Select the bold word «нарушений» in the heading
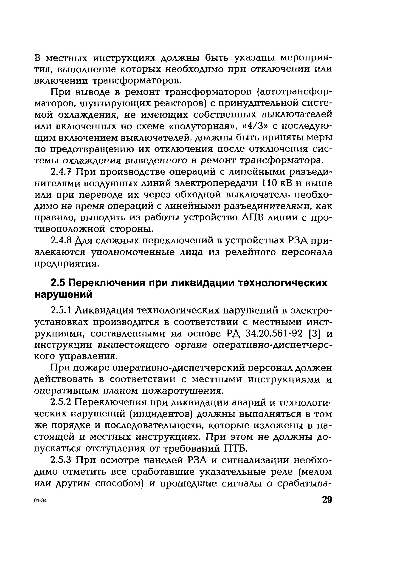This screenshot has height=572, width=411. (x=63, y=295)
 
